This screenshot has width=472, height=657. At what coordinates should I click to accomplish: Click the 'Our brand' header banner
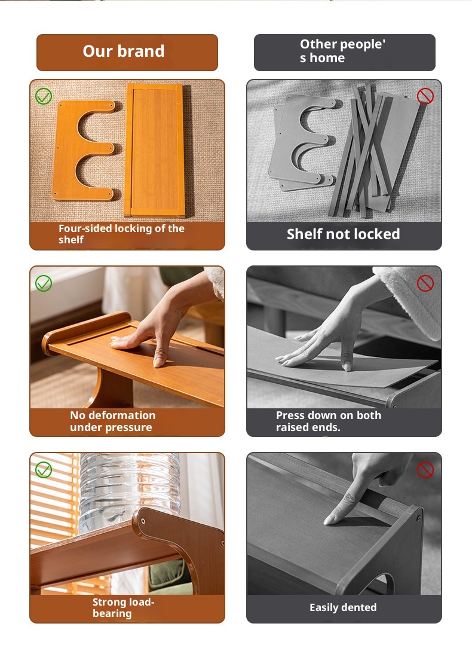(x=127, y=53)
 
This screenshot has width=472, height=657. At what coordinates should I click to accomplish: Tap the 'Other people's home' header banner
(x=344, y=53)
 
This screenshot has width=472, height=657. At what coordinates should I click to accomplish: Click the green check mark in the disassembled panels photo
(x=44, y=96)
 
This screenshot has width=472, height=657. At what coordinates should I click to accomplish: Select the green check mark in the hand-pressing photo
(x=44, y=283)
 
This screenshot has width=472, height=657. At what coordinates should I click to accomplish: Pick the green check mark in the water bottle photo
(x=44, y=470)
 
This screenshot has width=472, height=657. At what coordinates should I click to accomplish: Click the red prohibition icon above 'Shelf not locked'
(x=425, y=96)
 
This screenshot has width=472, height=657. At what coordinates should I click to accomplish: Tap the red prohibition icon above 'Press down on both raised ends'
(x=425, y=283)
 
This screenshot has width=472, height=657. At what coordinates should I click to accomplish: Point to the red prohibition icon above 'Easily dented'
(x=425, y=470)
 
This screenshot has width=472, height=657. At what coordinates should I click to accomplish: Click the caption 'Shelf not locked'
(x=343, y=234)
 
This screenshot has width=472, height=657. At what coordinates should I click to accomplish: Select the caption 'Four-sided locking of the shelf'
(x=121, y=234)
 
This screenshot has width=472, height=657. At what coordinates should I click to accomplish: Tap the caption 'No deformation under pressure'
(x=113, y=421)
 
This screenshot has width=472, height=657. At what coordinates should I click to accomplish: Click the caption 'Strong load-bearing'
(x=124, y=607)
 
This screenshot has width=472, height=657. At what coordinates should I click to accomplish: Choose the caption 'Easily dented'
(x=343, y=607)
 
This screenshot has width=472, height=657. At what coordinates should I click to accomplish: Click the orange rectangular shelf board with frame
(x=155, y=150)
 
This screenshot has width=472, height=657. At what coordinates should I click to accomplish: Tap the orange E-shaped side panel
(x=83, y=150)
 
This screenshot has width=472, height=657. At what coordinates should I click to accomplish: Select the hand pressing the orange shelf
(x=167, y=319)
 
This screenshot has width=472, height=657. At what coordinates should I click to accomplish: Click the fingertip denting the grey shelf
(x=329, y=521)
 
